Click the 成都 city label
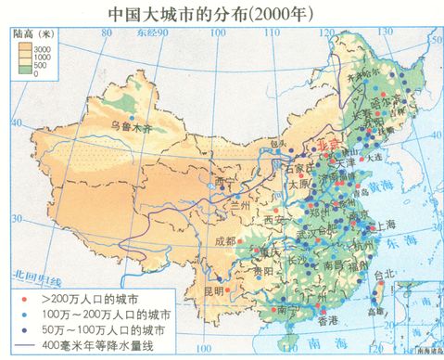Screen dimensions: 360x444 tap(224, 239)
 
